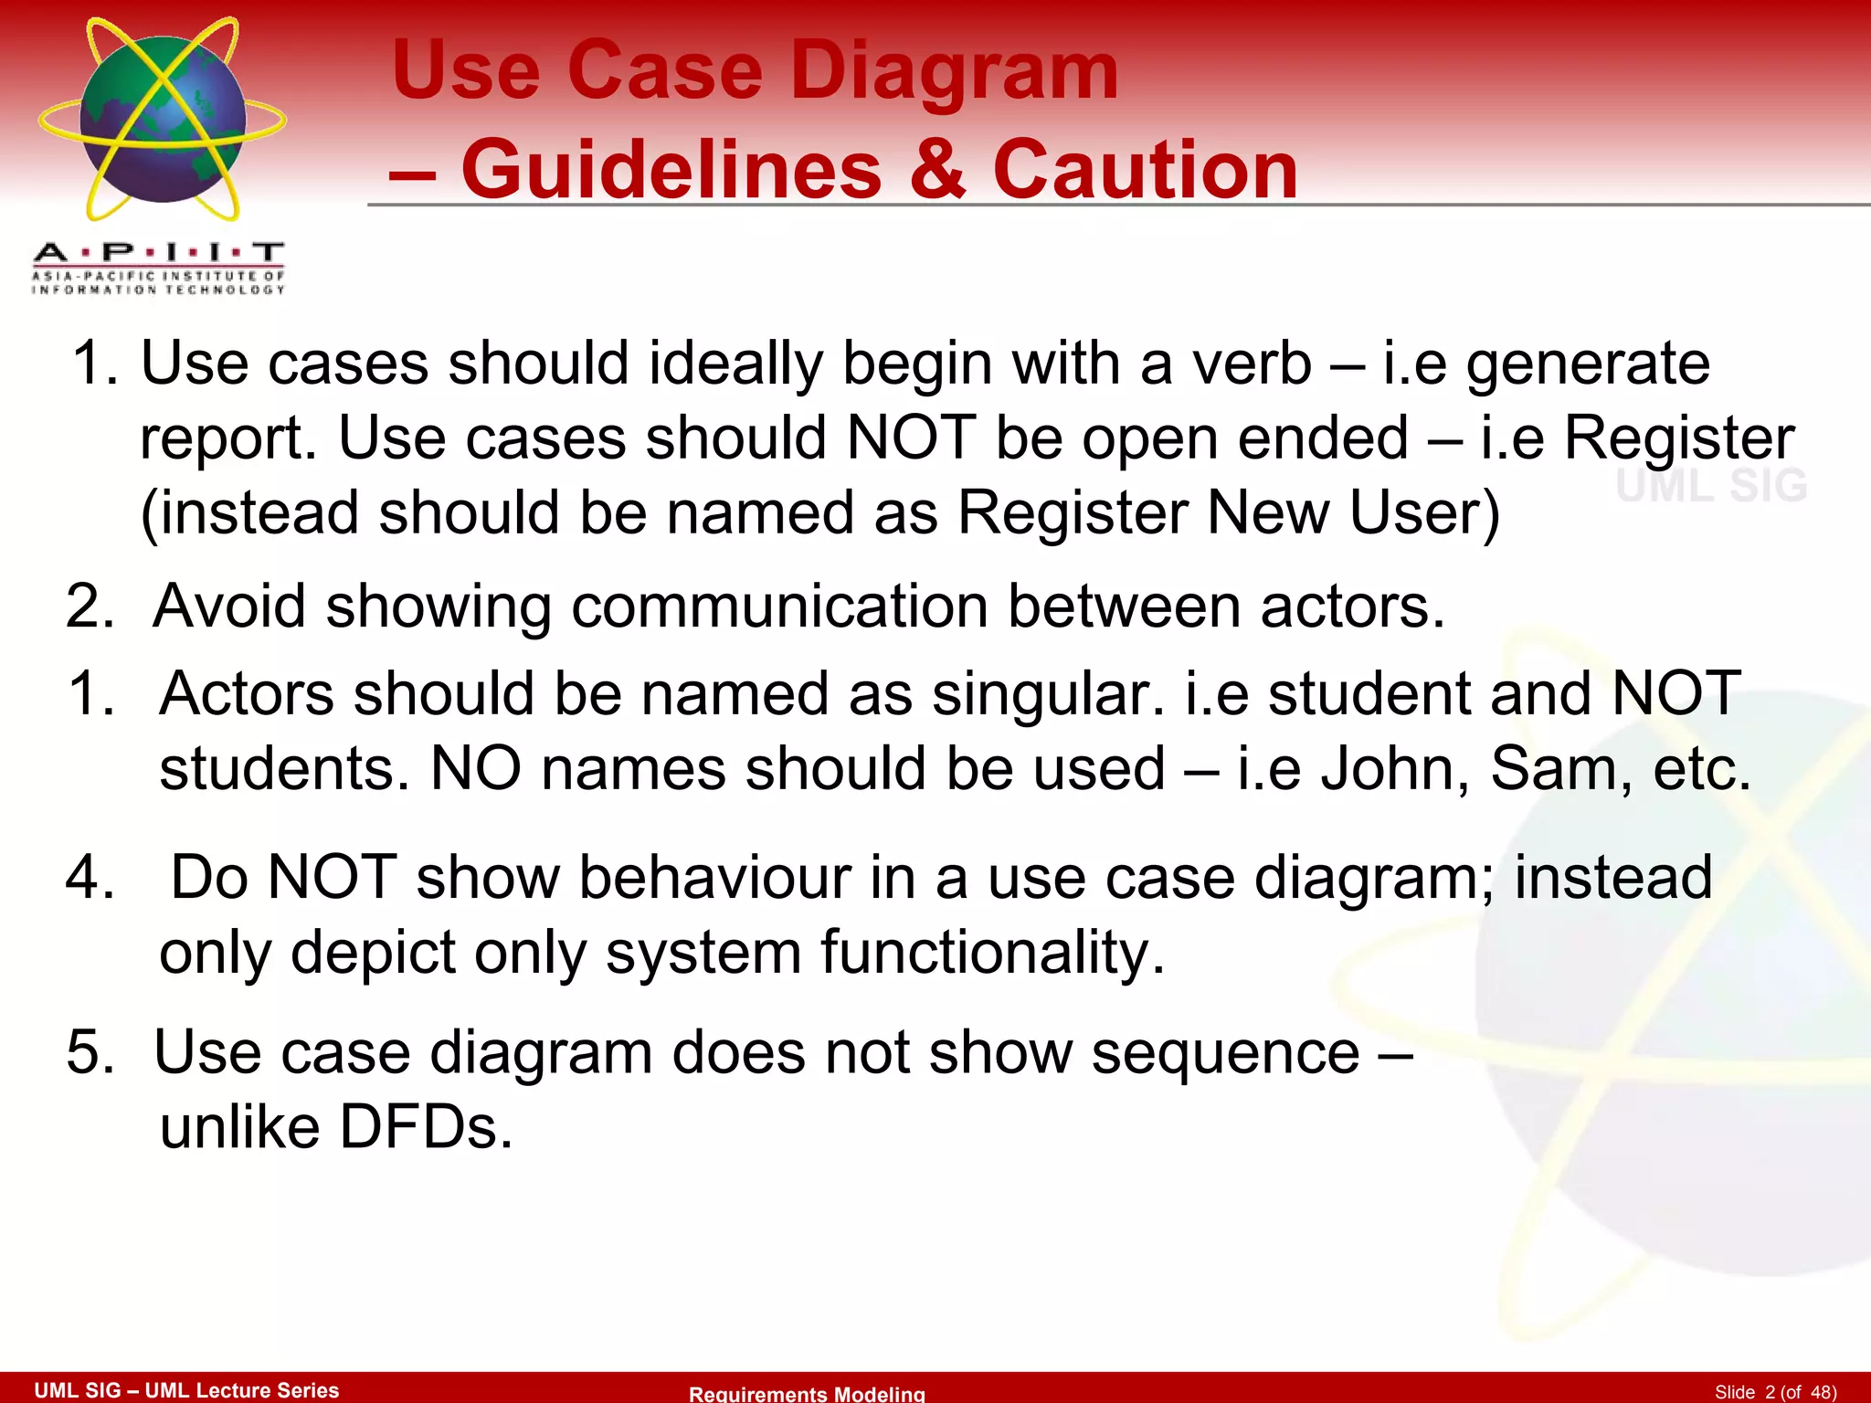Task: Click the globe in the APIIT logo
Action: pyautogui.click(x=163, y=119)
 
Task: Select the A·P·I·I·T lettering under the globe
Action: pyautogui.click(x=159, y=253)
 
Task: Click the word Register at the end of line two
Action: pyautogui.click(x=1679, y=438)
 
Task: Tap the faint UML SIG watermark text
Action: pyautogui.click(x=1711, y=485)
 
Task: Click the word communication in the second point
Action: pyautogui.click(x=779, y=607)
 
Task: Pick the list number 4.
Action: pyautogui.click(x=90, y=877)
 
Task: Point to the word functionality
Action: pyautogui.click(x=992, y=953)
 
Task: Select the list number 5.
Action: pyautogui.click(x=90, y=1052)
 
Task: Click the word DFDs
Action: pyautogui.click(x=426, y=1127)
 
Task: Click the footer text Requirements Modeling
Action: pyautogui.click(x=807, y=1393)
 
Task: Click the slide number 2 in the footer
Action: pyautogui.click(x=1770, y=1392)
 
